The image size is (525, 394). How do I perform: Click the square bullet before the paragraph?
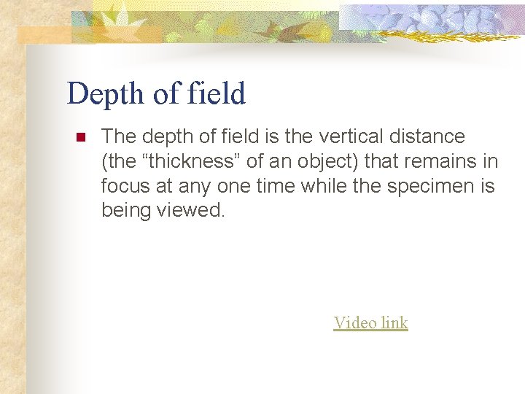80,137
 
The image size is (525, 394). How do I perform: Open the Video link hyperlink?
370,322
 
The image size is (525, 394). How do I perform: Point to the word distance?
430,136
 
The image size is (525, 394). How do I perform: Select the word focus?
125,186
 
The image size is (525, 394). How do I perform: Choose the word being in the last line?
126,211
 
